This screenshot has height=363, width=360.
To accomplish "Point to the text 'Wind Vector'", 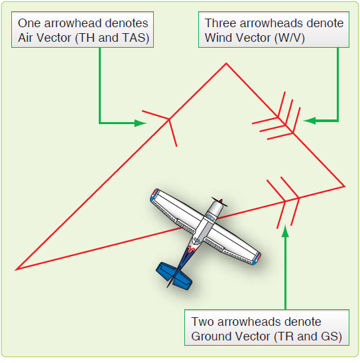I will [236, 38].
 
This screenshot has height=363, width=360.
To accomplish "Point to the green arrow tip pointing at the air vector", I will [143, 123].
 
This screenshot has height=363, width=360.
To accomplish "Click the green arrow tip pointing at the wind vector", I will [306, 121].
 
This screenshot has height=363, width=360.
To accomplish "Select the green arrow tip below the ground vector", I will [285, 230].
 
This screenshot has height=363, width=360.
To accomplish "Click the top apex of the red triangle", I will [227, 64].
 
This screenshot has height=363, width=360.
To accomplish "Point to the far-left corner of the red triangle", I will [16, 269].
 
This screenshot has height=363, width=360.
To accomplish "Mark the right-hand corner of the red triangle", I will [344, 186].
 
